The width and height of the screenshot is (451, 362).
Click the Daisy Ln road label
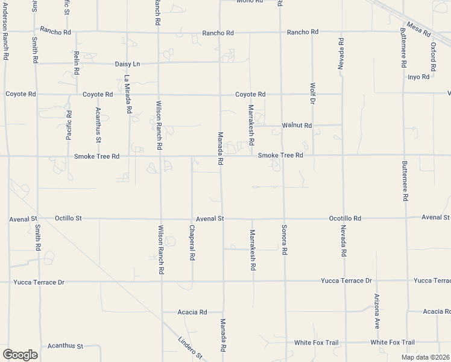click(127, 63)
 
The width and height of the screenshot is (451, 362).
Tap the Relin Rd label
click(77, 63)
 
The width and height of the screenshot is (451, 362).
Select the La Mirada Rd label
click(127, 95)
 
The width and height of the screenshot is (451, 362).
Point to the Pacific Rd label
click(69, 125)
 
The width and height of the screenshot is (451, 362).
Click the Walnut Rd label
click(297, 125)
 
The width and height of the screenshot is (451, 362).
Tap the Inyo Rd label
click(418, 77)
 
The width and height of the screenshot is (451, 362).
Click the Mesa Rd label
click(417, 28)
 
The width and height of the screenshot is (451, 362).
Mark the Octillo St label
click(68, 218)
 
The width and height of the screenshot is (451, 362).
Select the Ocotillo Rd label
click(345, 218)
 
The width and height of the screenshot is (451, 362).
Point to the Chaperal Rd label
click(192, 242)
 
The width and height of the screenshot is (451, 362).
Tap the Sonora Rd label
click(283, 240)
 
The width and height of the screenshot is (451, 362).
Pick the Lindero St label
click(189, 349)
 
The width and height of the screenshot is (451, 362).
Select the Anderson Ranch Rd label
click(5, 30)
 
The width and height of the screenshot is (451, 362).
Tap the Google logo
click(20, 354)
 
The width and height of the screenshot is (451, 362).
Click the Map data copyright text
click(426, 357)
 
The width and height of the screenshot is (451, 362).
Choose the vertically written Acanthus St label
click(98, 124)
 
